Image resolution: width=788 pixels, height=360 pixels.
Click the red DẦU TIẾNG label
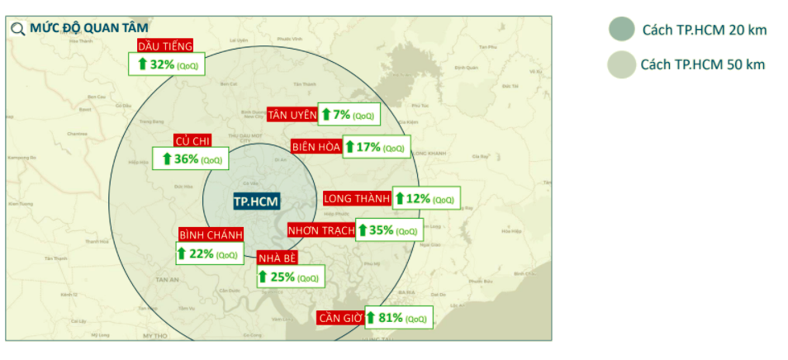tap(165, 46)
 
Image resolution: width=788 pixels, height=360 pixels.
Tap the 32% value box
tap(167, 64)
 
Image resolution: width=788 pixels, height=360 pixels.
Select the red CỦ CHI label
tap(192, 141)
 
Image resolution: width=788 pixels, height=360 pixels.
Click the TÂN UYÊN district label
tap(292, 115)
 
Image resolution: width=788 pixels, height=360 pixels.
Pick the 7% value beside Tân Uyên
tap(349, 115)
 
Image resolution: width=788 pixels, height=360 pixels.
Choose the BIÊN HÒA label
tap(316, 147)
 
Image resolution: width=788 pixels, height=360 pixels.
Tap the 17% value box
tap(376, 147)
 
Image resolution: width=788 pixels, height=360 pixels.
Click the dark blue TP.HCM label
tap(255, 201)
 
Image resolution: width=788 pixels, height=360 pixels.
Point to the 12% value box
tap(425, 198)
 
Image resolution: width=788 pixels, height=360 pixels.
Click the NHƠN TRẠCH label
tap(321, 230)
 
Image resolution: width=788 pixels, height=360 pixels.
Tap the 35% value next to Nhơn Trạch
tap(389, 230)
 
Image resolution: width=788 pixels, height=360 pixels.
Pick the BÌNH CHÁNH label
tap(211, 235)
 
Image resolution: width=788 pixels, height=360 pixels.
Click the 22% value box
tap(209, 253)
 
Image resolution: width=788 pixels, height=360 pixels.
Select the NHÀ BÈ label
tap(277, 258)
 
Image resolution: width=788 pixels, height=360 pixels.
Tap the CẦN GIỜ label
tap(340, 318)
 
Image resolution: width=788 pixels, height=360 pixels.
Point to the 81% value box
tap(398, 318)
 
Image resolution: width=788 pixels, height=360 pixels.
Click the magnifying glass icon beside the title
tap(18, 29)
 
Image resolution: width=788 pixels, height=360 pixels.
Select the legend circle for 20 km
tap(621, 29)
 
